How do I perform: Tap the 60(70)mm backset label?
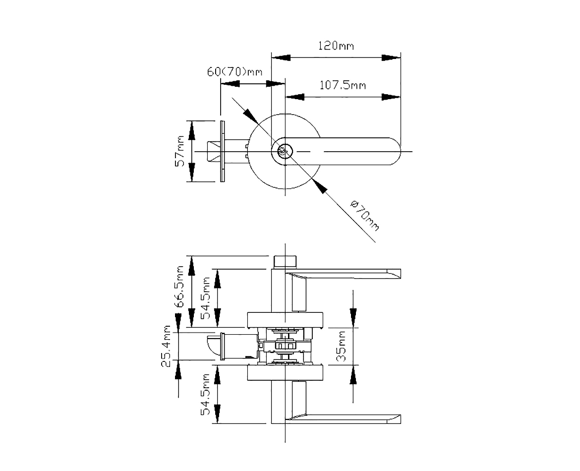(x=234, y=72)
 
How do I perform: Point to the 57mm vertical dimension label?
(x=180, y=151)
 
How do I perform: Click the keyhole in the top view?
(x=284, y=151)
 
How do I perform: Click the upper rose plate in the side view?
(x=285, y=320)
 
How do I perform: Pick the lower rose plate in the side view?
(x=285, y=372)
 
